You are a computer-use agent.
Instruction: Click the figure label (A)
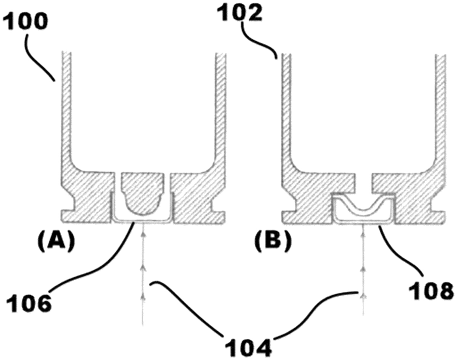tap(56, 242)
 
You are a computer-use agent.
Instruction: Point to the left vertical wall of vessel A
tap(66, 106)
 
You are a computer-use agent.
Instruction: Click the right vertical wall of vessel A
tap(221, 106)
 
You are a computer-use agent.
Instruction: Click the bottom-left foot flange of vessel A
tap(68, 216)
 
